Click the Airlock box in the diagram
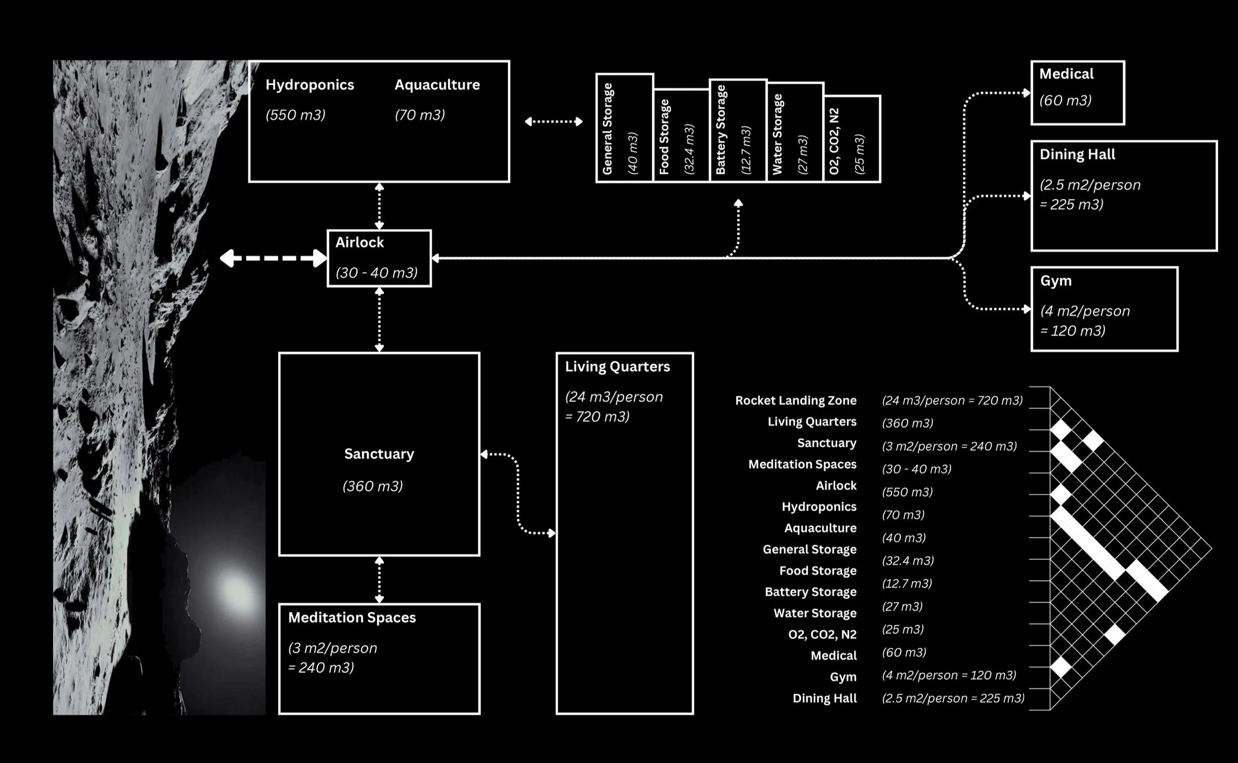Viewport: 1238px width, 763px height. coord(379,258)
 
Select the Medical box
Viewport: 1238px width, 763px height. coord(1077,93)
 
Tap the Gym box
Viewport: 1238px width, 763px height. coord(1104,308)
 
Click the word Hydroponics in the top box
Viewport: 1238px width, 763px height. coord(309,85)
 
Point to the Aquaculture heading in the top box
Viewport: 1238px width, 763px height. coord(437,85)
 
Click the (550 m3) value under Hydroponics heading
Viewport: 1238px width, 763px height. coord(295,115)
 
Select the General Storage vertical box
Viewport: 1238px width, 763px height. coord(624,128)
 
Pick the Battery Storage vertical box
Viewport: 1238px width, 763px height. coord(737,130)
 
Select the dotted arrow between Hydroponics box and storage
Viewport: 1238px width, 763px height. coord(553,122)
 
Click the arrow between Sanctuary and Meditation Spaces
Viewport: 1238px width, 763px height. coord(379,579)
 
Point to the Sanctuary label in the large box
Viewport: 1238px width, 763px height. coord(378,454)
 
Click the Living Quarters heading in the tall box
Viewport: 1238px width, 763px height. coord(617,367)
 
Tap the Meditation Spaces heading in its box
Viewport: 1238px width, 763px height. coord(352,617)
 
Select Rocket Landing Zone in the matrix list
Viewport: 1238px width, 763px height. coord(795,400)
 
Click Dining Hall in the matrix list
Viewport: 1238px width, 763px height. coord(824,698)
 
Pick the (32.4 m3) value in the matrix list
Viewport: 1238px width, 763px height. coord(907,560)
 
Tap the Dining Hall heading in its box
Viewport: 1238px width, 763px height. coord(1077,154)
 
